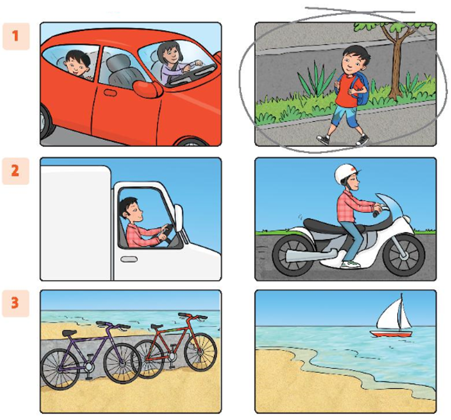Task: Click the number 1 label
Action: click(x=15, y=36)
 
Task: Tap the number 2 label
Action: click(x=15, y=171)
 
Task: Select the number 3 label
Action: click(x=15, y=303)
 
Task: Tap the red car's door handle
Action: click(x=110, y=93)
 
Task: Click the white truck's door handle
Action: click(x=129, y=259)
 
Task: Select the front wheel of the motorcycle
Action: click(x=404, y=254)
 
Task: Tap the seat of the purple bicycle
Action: click(x=69, y=333)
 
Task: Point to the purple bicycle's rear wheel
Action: click(x=60, y=369)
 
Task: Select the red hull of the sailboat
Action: click(x=391, y=334)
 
